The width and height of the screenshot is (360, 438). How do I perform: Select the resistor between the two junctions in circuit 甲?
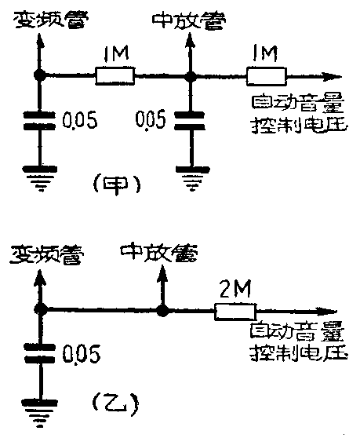coord(115,76)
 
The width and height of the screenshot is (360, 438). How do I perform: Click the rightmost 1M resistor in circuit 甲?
coord(267,76)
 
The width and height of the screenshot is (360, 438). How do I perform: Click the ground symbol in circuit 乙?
coord(36,408)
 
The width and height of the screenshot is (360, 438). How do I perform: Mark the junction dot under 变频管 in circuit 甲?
coord(37,76)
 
